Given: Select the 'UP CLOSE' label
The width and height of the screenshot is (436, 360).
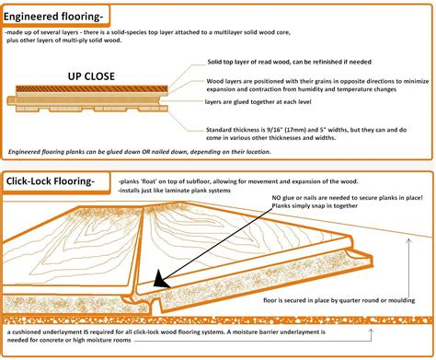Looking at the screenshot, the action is click(96, 77).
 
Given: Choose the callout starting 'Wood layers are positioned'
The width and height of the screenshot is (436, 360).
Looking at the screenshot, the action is click(276, 81).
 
